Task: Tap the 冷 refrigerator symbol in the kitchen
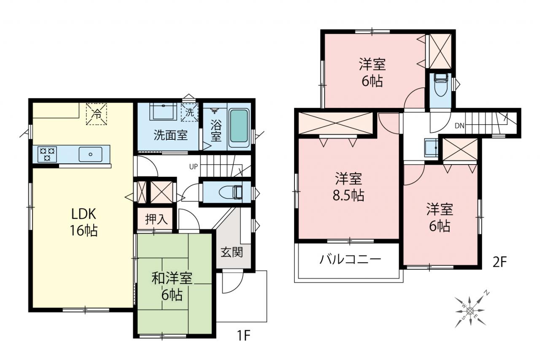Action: coord(97,114)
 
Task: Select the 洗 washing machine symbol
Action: coord(189,112)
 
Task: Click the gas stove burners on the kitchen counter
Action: coord(47,154)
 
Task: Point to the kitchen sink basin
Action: coord(90,154)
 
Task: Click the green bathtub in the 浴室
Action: coord(239,126)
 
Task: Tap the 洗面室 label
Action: coord(170,135)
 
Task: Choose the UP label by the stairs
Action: coord(193,167)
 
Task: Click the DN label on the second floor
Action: coord(459,126)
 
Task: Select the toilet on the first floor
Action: coord(231,192)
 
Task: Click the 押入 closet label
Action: coord(156,219)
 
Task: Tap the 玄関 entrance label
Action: coord(232,252)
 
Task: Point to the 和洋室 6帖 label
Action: coord(172,286)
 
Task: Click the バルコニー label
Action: coord(350,260)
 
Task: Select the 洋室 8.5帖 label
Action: coord(348,187)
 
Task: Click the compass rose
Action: coord(470,311)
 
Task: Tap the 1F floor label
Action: coord(244,336)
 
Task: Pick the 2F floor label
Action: coord(500,263)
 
